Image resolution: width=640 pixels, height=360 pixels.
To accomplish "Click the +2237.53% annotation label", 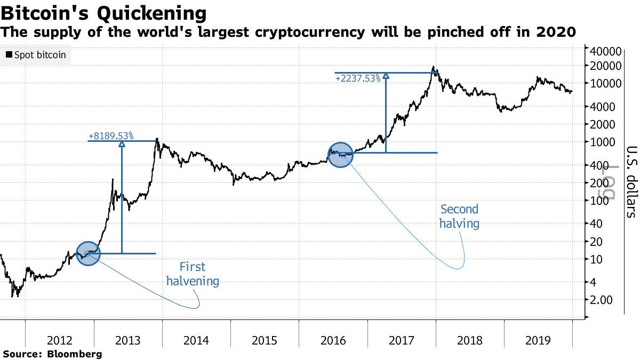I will click(x=358, y=78).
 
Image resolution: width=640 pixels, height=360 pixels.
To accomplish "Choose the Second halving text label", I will click(x=459, y=216).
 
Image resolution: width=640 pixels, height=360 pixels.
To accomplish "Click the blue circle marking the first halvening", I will click(x=89, y=253).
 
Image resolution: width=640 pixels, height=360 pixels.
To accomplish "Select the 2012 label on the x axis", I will click(x=60, y=341).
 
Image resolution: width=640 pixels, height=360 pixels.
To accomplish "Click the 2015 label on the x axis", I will click(x=265, y=341).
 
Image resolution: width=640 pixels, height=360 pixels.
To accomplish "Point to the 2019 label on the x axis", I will click(x=538, y=341).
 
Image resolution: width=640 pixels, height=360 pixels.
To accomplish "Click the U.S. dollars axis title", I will click(x=631, y=181).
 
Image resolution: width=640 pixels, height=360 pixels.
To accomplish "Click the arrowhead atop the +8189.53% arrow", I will click(x=122, y=144).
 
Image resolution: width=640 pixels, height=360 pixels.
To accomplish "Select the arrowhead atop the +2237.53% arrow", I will click(x=386, y=76).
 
